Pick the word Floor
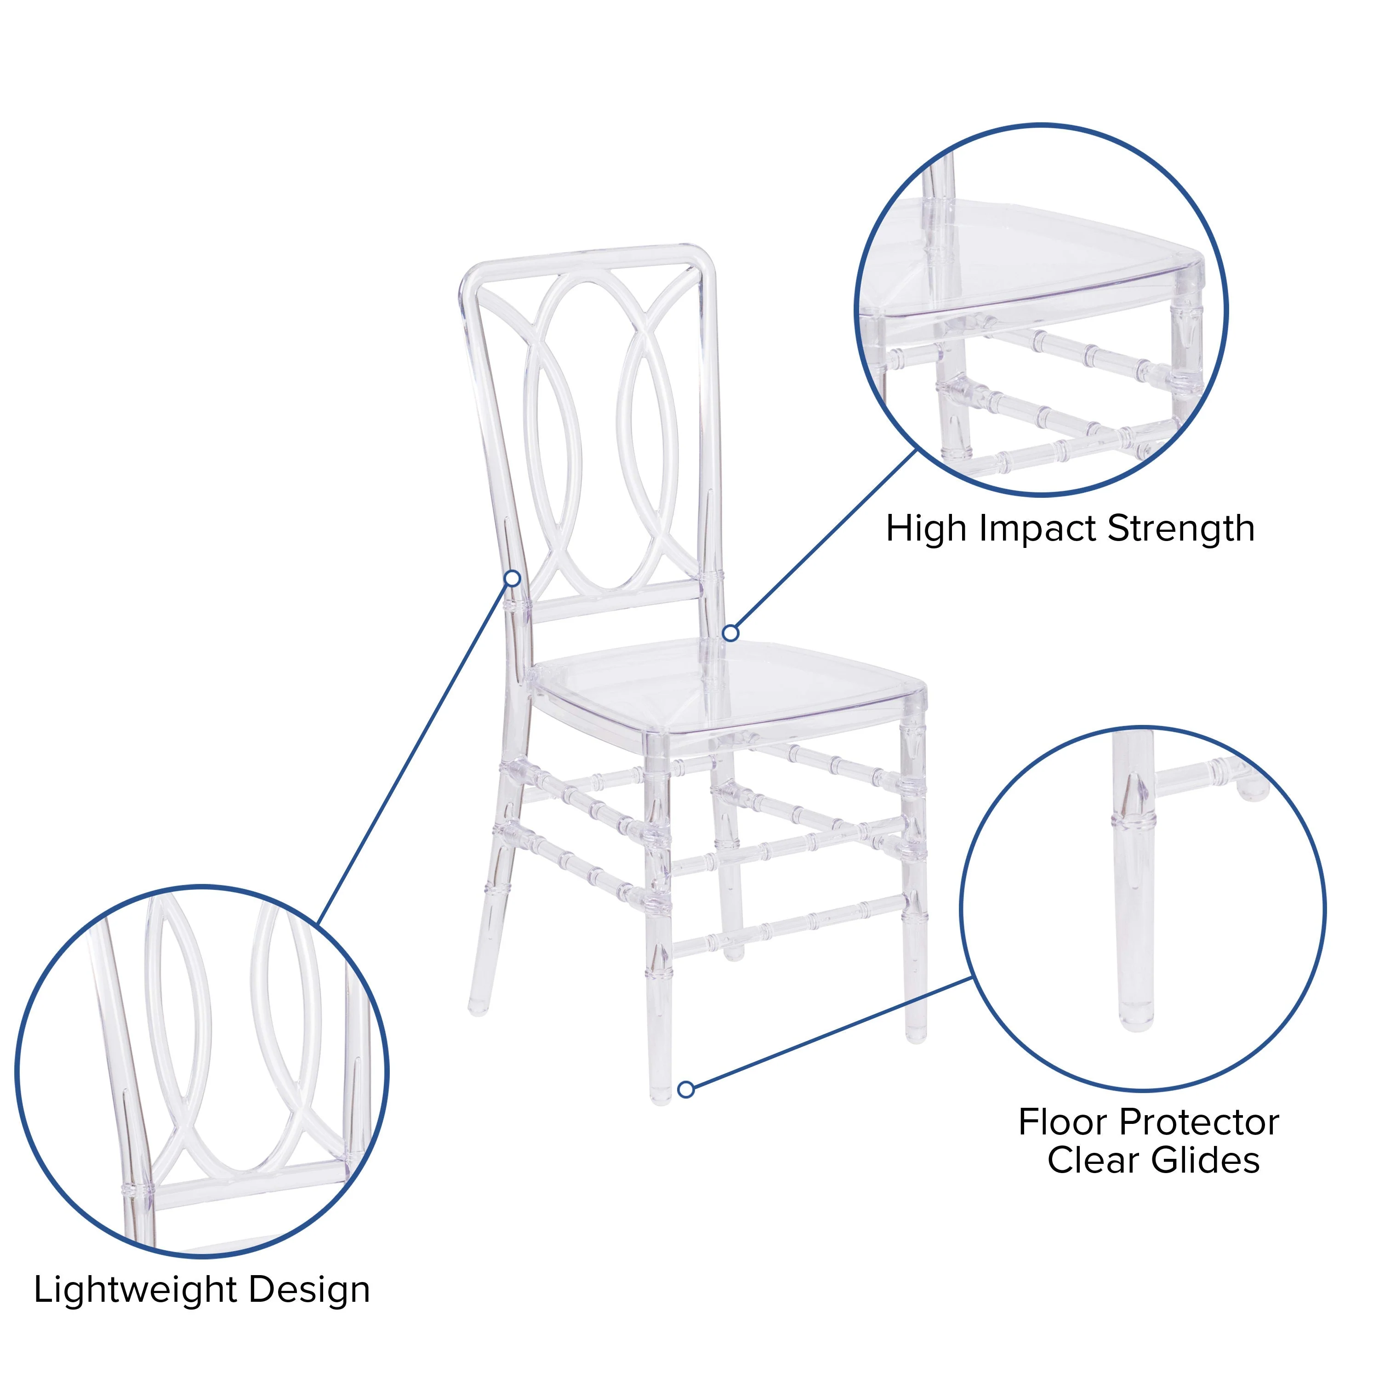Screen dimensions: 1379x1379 tap(1063, 1123)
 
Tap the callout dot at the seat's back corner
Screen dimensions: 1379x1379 tap(730, 633)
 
